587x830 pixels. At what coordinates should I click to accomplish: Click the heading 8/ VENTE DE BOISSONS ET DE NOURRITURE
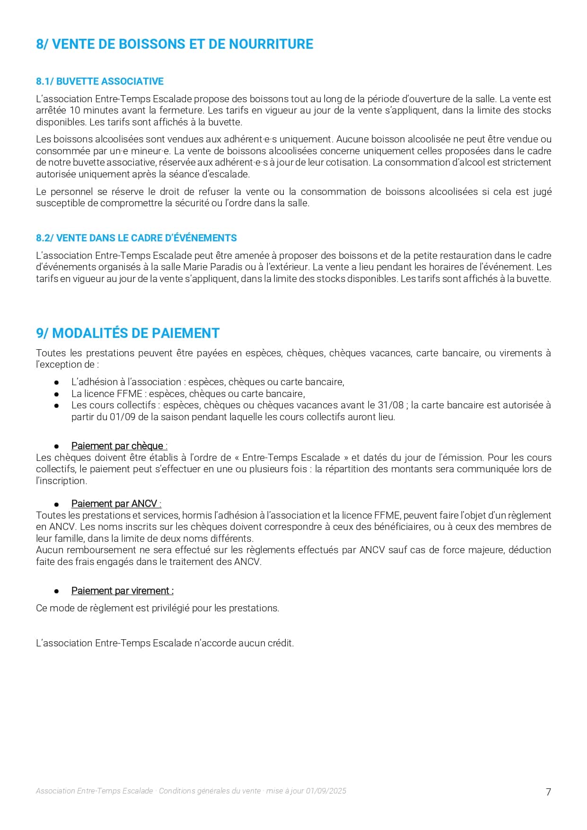175,44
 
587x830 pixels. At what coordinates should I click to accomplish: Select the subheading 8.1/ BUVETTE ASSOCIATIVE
100,81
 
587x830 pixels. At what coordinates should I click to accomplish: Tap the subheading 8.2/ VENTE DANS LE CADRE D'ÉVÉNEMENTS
136,238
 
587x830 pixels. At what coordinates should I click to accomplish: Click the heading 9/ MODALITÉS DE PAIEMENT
128,333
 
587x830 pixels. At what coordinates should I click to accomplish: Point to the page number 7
548,792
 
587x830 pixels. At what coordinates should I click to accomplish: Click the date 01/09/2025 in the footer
326,791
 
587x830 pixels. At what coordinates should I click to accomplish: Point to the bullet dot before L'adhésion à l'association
56,382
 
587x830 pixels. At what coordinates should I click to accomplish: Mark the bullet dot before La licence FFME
56,394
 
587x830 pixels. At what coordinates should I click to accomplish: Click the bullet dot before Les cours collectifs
56,406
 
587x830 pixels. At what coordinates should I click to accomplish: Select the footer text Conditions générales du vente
210,791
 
